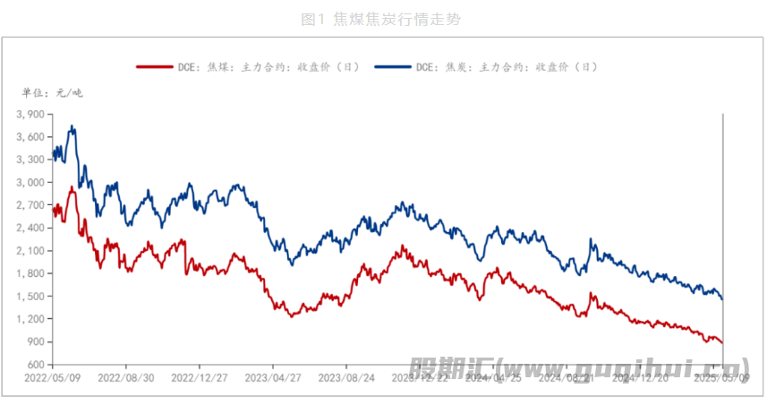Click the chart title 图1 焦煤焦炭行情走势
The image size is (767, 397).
click(383, 19)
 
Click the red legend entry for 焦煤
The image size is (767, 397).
click(247, 66)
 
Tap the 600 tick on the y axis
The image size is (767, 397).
click(35, 365)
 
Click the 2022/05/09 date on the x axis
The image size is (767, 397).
click(52, 379)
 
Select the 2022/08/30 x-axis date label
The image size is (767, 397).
click(126, 379)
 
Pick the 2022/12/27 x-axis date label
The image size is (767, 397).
click(200, 379)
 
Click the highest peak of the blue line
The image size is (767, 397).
click(72, 126)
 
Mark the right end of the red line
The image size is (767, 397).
click(722, 342)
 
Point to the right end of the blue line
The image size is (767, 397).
click(722, 298)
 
